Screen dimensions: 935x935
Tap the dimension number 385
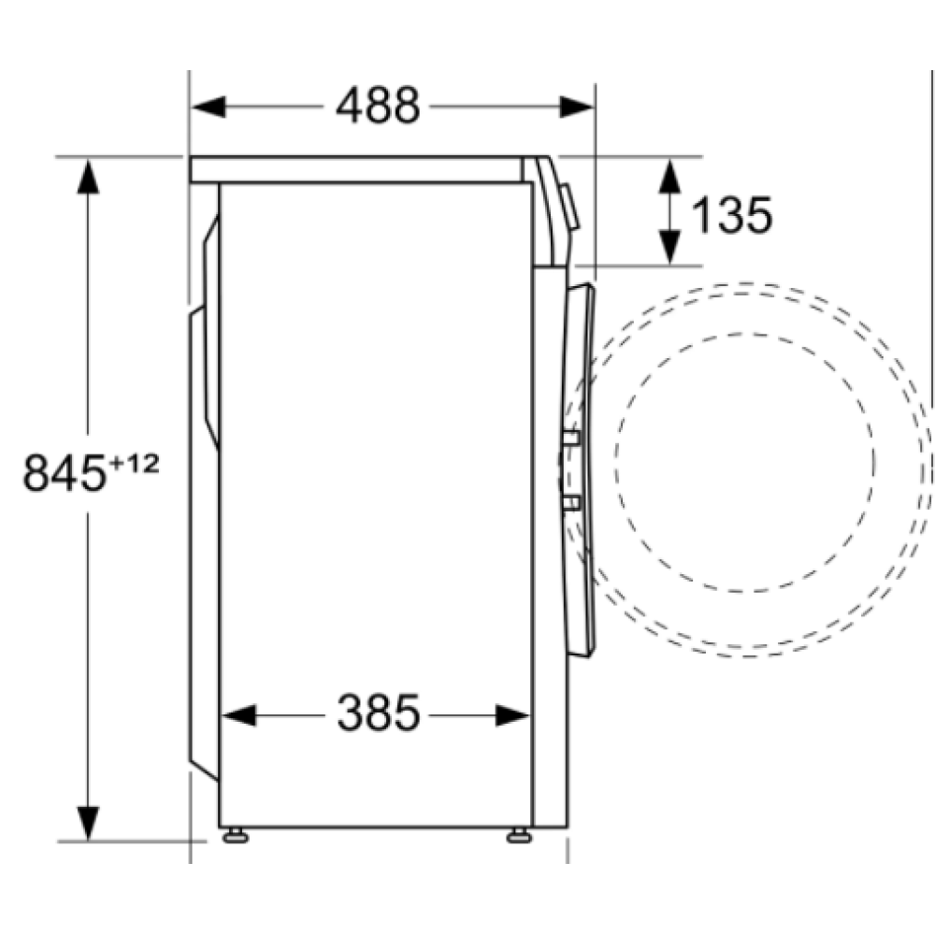click(x=378, y=715)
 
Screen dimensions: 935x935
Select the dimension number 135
click(x=731, y=216)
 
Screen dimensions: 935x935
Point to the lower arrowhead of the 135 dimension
click(x=669, y=247)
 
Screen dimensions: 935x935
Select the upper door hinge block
click(x=570, y=437)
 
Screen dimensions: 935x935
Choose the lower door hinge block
click(x=570, y=504)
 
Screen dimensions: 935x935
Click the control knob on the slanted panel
click(x=570, y=208)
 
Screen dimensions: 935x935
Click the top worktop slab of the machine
click(x=355, y=169)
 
